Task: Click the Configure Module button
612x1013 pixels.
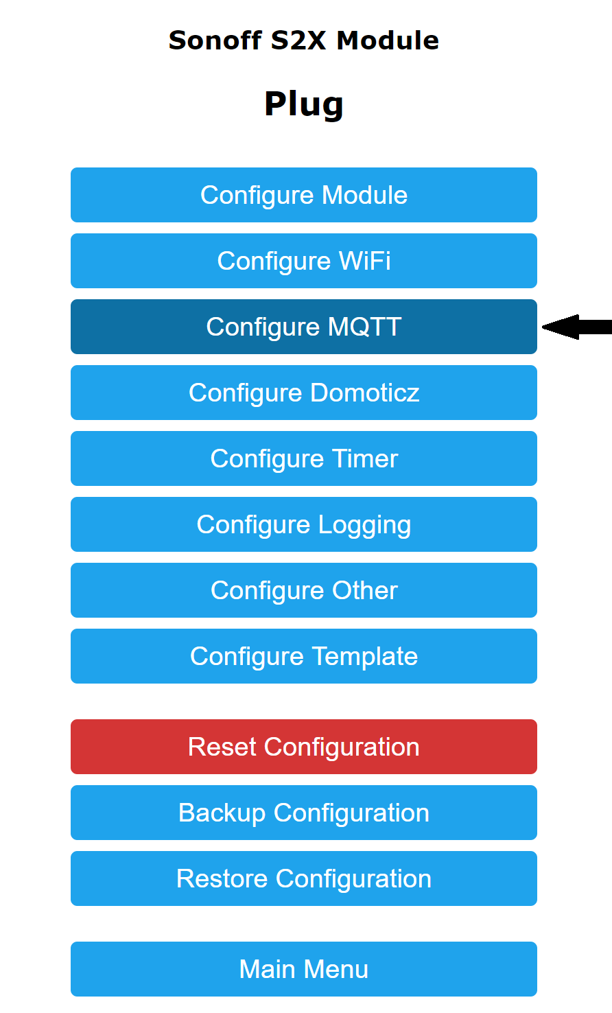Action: click(303, 195)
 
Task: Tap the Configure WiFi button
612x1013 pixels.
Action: click(303, 261)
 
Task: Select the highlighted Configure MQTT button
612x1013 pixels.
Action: click(303, 327)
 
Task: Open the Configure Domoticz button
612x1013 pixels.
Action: click(303, 393)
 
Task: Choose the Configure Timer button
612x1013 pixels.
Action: click(303, 458)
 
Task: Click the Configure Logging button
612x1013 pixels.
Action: click(303, 524)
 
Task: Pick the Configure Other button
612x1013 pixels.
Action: click(303, 590)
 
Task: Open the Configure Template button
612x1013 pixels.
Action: click(303, 656)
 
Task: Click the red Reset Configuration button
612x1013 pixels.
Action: click(303, 747)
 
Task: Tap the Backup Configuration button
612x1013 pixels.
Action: click(303, 813)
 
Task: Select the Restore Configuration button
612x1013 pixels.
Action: click(303, 878)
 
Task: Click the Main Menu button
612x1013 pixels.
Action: click(303, 969)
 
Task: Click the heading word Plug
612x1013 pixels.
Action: click(303, 105)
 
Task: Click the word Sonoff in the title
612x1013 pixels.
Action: click(215, 40)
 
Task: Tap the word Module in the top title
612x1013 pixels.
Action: click(388, 40)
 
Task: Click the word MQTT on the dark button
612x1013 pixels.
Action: click(364, 327)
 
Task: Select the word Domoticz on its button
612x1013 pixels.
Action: click(365, 393)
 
